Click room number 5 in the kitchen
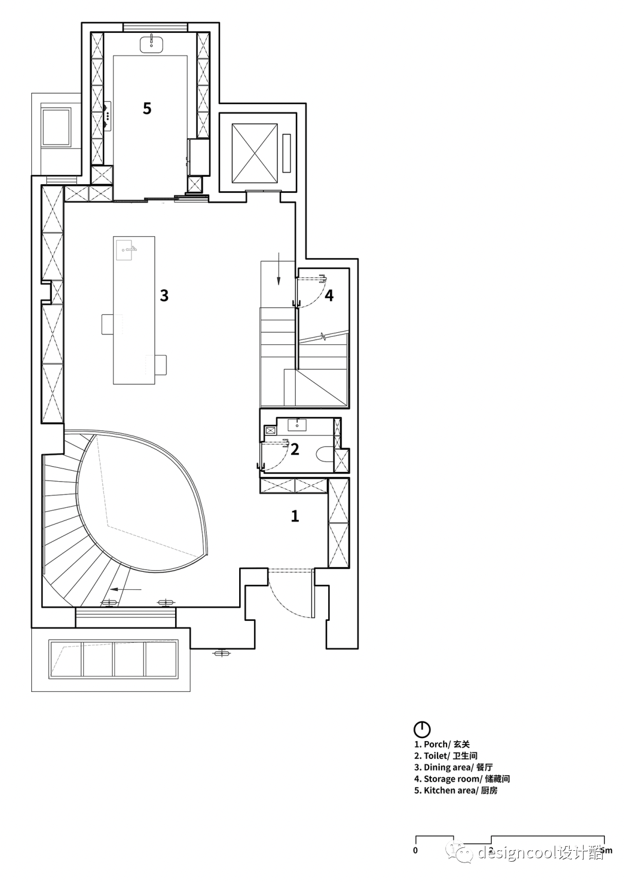coord(147,108)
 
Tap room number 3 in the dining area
coord(164,295)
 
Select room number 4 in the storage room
coord(329,295)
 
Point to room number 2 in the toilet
coord(295,449)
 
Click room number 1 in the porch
coord(295,516)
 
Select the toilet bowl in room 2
coord(324,453)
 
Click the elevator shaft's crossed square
coord(255,153)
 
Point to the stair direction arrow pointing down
coord(278,269)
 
